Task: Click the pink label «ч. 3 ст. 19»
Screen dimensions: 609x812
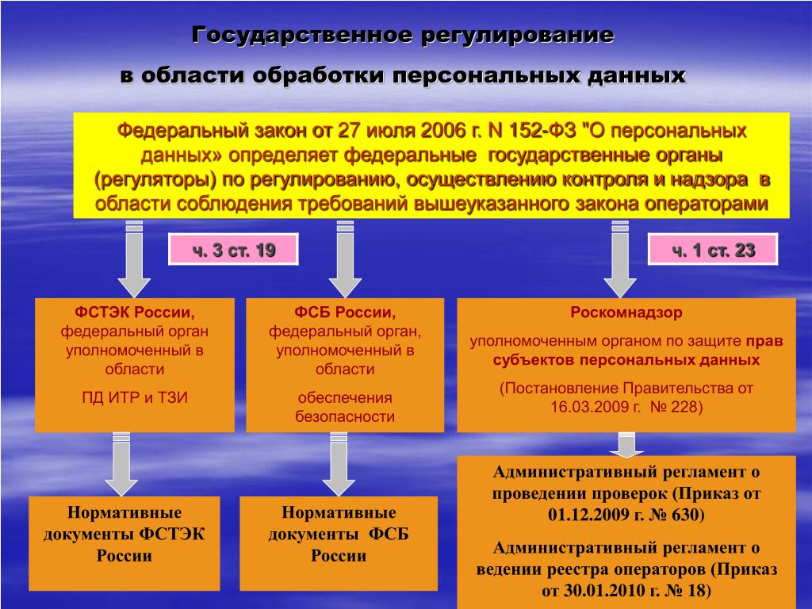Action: point(233,251)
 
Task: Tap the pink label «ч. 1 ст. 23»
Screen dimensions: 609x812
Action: point(713,251)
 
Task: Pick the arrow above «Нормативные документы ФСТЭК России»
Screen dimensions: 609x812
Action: point(121,464)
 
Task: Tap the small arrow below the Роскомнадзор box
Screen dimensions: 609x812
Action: point(626,444)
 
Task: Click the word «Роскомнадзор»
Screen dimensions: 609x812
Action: point(626,312)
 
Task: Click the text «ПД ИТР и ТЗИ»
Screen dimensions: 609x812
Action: point(135,398)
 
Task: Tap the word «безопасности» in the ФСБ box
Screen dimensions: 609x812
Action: point(345,416)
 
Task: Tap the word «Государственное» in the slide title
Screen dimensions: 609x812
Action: point(302,36)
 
